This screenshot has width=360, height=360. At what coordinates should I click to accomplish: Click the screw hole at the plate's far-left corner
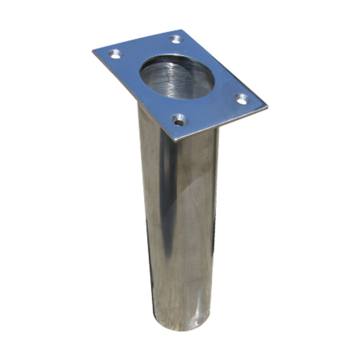coord(115,54)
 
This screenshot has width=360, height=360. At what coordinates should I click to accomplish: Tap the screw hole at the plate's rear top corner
coord(176,39)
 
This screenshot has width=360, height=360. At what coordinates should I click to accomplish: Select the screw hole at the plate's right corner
coord(242,98)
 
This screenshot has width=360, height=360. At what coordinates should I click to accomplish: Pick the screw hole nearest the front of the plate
coord(179,120)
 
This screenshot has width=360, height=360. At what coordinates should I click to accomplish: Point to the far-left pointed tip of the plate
coord(93,50)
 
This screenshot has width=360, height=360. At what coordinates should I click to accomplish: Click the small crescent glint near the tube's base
coord(196,319)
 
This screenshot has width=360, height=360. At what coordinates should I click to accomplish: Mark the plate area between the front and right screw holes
coord(211,113)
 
